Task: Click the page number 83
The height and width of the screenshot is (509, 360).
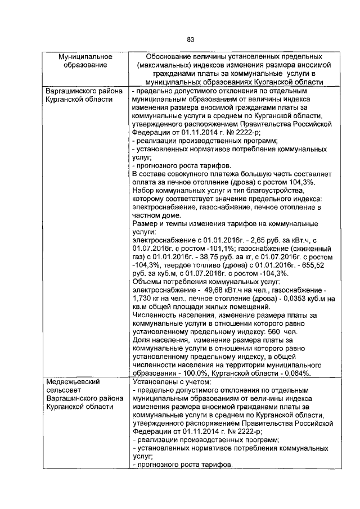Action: (191, 39)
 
